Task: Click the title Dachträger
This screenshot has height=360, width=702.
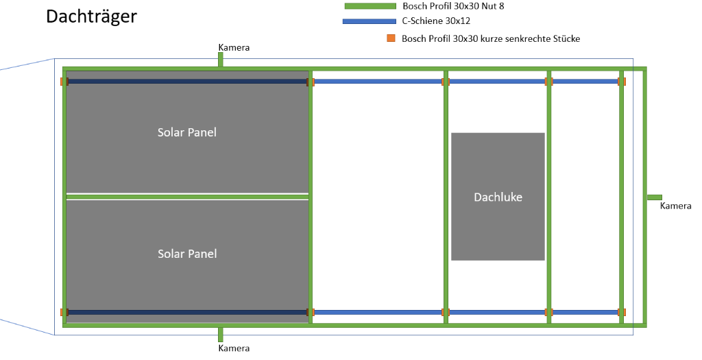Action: [91, 16]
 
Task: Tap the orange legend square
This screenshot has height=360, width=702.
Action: [391, 38]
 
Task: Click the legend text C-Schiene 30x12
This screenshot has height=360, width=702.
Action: [436, 21]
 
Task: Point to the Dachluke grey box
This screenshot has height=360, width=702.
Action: [498, 197]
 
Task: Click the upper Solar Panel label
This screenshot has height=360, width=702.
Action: [186, 132]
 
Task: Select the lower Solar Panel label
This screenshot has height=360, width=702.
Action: [186, 254]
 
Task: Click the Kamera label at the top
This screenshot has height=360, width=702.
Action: [234, 48]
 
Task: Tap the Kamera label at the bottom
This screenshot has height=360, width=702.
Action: [234, 348]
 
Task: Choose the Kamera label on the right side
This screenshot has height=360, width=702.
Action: [675, 206]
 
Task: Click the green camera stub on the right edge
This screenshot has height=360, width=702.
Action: [655, 197]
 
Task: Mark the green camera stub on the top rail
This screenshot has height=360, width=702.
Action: [221, 60]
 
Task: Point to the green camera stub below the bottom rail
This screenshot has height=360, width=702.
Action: [221, 335]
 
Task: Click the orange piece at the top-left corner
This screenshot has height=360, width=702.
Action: [62, 82]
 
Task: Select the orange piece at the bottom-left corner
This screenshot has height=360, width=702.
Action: [62, 313]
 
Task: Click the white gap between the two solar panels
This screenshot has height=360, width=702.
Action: [186, 196]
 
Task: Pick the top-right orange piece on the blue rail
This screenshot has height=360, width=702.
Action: [622, 82]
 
